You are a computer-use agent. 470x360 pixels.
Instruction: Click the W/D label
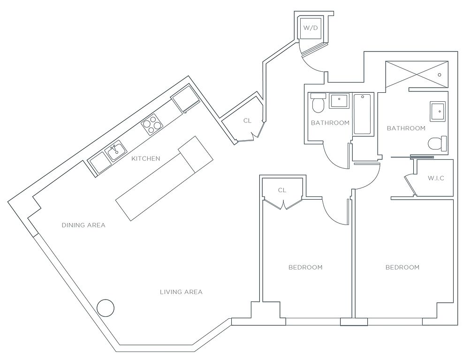pyautogui.click(x=311, y=28)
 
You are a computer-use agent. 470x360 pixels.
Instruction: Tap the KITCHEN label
pyautogui.click(x=146, y=158)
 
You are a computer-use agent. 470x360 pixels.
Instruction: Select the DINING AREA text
pyautogui.click(x=83, y=225)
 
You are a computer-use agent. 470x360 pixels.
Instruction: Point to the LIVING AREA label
pyautogui.click(x=181, y=292)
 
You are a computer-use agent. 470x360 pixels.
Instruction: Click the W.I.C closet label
pyautogui.click(x=436, y=178)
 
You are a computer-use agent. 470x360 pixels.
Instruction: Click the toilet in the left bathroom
pyautogui.click(x=318, y=103)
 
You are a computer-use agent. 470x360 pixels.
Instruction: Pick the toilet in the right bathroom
pyautogui.click(x=438, y=143)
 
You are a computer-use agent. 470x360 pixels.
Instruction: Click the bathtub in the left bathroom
pyautogui.click(x=363, y=114)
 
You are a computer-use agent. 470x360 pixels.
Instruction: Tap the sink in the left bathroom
pyautogui.click(x=339, y=101)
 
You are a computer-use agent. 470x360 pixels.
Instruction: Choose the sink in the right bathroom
pyautogui.click(x=438, y=111)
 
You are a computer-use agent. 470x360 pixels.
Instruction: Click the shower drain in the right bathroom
pyautogui.click(x=440, y=75)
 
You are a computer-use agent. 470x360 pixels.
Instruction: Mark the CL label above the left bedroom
pyautogui.click(x=282, y=190)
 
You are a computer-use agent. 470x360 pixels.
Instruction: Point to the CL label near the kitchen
pyautogui.click(x=247, y=120)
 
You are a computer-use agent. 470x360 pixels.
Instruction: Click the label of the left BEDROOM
pyautogui.click(x=305, y=267)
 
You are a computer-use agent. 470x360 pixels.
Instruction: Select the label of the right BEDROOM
pyautogui.click(x=402, y=267)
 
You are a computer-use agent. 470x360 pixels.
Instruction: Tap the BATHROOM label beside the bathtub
pyautogui.click(x=330, y=123)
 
